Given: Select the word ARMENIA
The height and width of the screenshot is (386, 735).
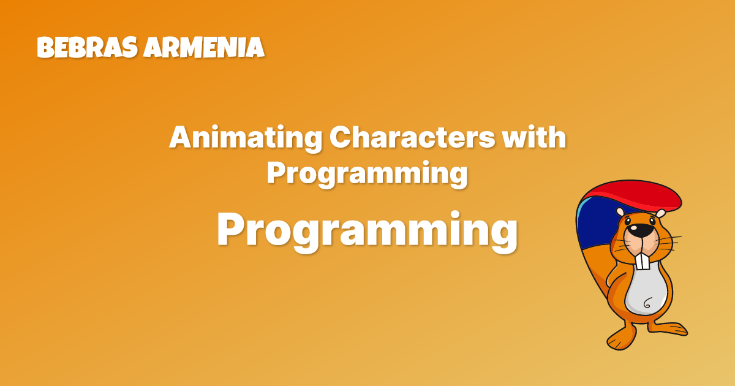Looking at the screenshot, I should [x=203, y=48].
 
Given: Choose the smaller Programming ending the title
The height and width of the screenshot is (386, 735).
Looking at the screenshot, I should [x=367, y=174].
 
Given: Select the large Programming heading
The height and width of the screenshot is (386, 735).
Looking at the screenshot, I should [x=367, y=231].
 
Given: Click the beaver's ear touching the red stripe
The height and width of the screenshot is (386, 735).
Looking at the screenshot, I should [x=660, y=214].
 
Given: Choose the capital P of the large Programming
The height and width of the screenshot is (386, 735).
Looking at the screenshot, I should [x=230, y=230].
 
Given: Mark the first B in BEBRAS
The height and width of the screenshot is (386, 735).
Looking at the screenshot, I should [x=45, y=48].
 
